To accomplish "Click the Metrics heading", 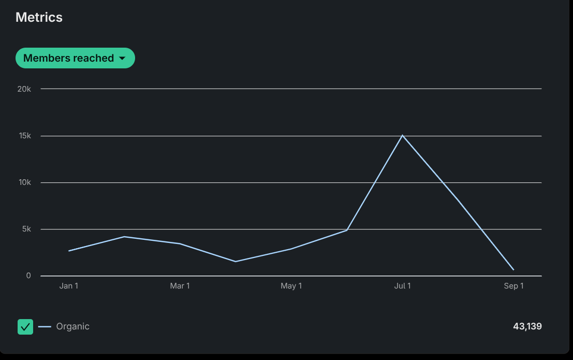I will [x=39, y=17].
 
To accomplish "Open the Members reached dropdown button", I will [x=68, y=58].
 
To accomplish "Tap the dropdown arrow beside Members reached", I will [x=122, y=59].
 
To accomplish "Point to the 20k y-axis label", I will [x=24, y=89].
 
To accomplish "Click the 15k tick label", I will [x=24, y=136].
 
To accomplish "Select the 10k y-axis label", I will [x=24, y=182].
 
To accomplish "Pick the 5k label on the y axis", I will [x=26, y=229].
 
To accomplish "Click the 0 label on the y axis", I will [x=28, y=276].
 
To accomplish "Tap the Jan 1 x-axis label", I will [x=69, y=286].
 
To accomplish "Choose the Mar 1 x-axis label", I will [x=180, y=286].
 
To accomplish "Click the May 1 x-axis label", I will [x=291, y=286].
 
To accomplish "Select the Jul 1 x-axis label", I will [x=403, y=286].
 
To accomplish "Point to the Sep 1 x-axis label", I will [x=514, y=286].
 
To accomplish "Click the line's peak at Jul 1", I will [x=403, y=135].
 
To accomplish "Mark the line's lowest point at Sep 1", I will [x=513, y=269].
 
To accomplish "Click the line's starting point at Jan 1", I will [x=69, y=251].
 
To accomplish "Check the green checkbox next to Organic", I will [x=25, y=327].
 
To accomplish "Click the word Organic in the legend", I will [x=73, y=326].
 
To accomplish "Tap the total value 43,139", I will [x=527, y=326].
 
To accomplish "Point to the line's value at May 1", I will [x=291, y=249].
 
